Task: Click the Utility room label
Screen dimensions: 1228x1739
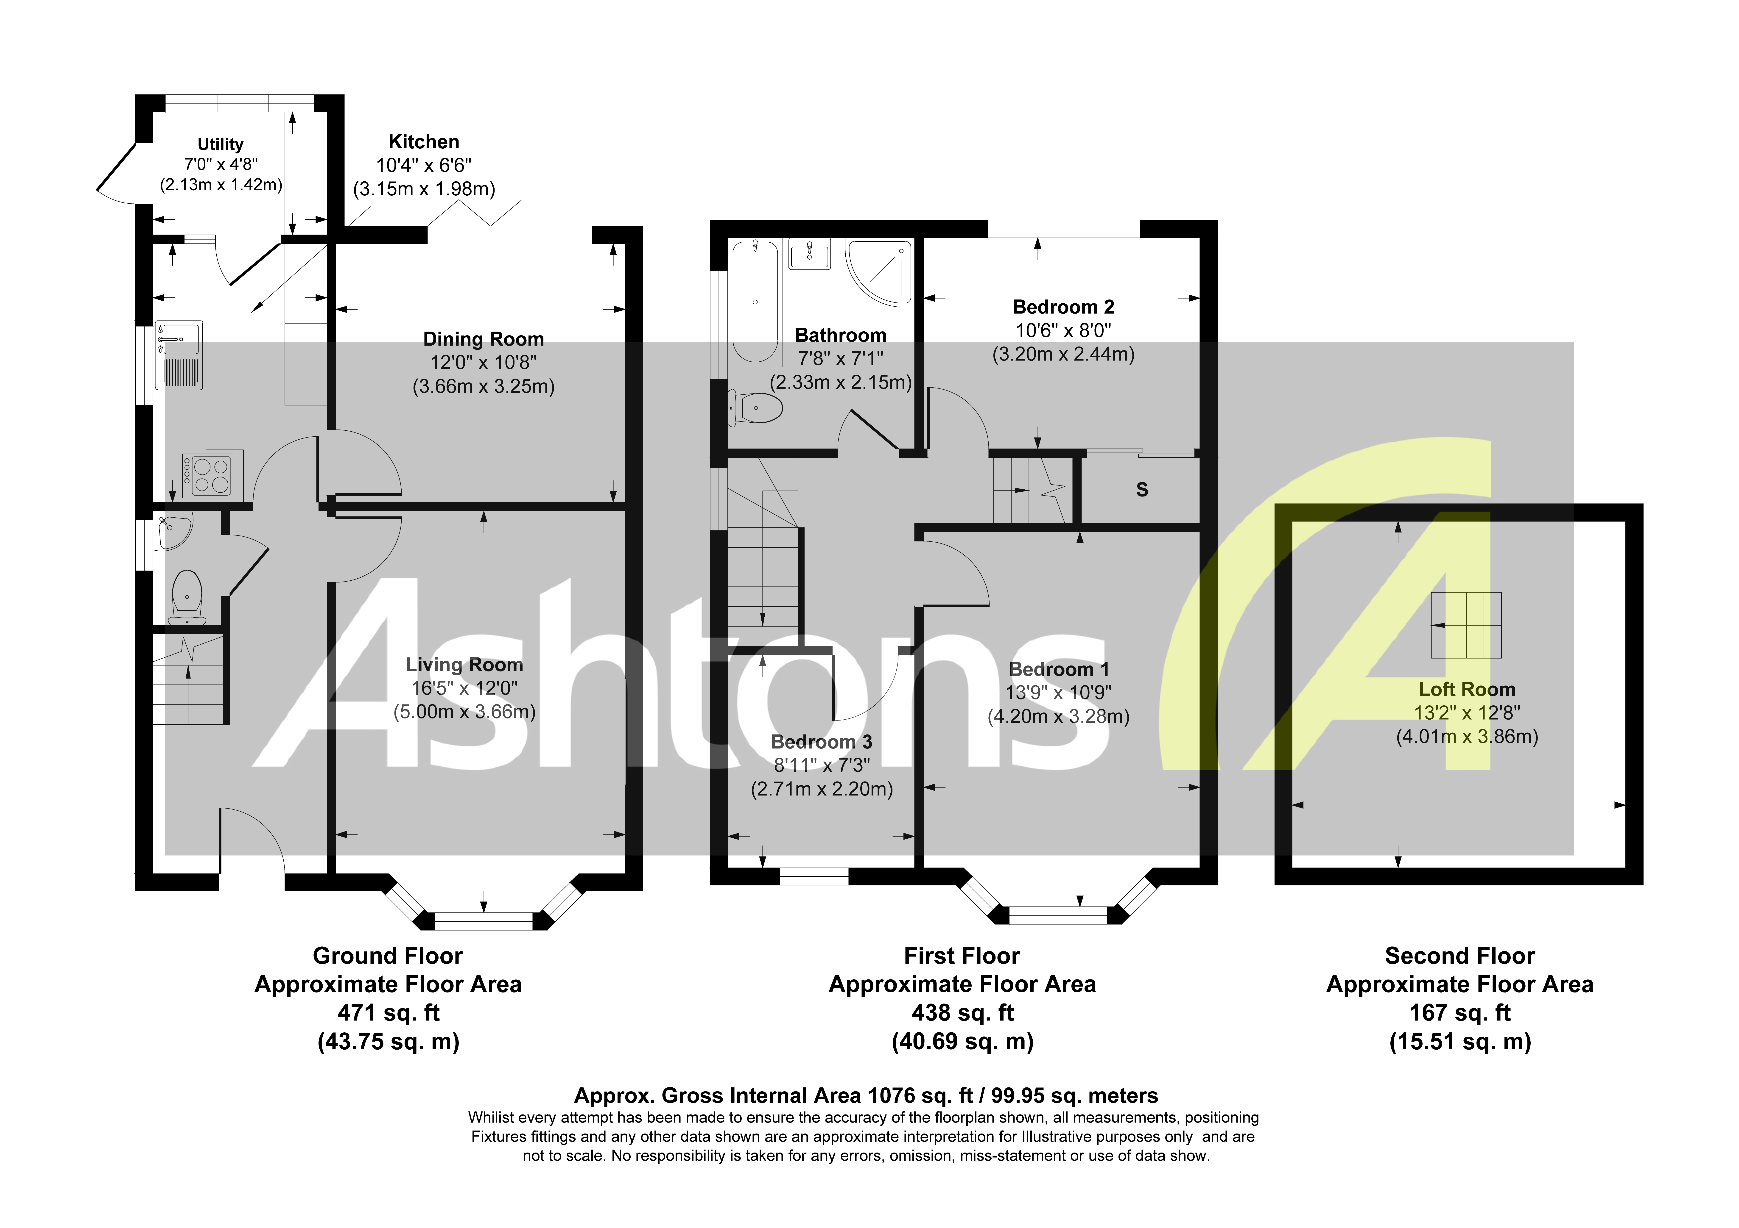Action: [x=220, y=144]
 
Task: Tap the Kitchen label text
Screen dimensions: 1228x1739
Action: [x=423, y=141]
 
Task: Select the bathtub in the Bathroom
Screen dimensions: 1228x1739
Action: [x=755, y=301]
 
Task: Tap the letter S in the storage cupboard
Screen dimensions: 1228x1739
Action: [x=1142, y=490]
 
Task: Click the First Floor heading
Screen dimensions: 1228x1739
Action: [x=962, y=955]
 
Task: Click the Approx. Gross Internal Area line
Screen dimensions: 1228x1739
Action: [x=866, y=1095]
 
